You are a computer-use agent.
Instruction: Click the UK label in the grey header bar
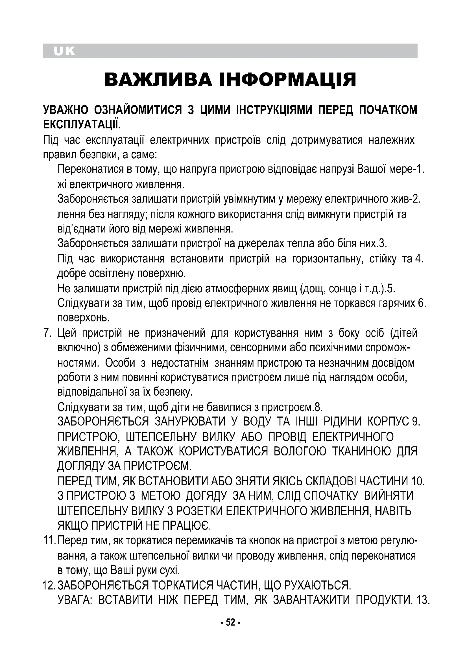tap(64, 51)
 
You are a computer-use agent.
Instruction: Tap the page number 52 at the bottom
tap(230, 622)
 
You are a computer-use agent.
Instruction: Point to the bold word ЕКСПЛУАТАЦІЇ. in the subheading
tap(81, 124)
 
